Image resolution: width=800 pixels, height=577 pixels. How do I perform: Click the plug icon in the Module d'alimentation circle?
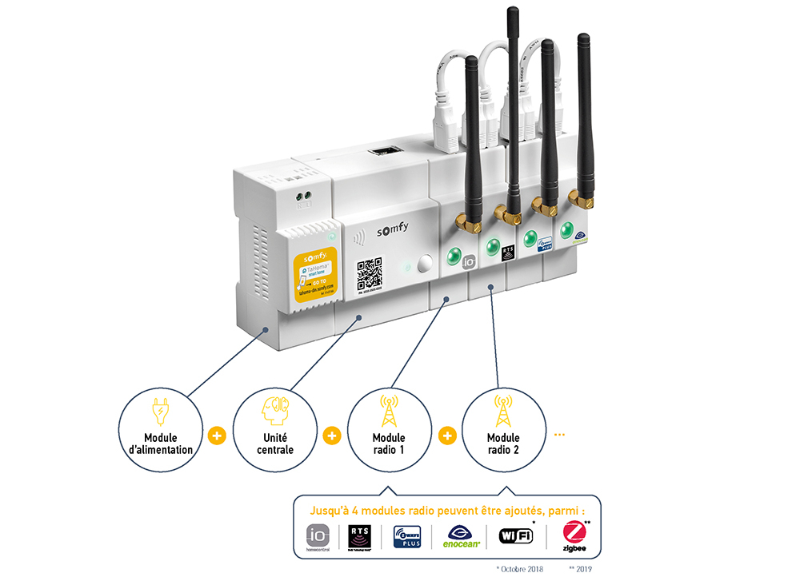click(x=159, y=412)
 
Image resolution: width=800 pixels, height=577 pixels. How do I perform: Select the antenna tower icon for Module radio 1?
click(x=390, y=410)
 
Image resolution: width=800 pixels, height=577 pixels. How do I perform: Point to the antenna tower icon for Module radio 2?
click(x=503, y=410)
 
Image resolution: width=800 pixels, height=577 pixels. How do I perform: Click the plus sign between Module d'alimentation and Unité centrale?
click(x=216, y=436)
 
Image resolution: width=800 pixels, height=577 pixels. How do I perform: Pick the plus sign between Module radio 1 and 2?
click(x=447, y=436)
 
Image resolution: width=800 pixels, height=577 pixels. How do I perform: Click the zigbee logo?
click(x=574, y=536)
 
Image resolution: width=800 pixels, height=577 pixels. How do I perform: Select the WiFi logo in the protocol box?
click(x=516, y=535)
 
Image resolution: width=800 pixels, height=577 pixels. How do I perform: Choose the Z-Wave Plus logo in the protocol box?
click(x=408, y=536)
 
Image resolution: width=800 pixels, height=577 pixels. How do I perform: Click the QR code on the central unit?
click(x=370, y=273)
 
